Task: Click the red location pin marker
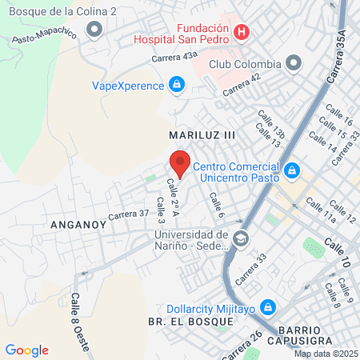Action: tap(180, 163)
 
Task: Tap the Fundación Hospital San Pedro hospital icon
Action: tap(243, 33)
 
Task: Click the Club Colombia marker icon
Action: tap(294, 63)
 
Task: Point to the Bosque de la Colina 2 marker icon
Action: tap(96, 30)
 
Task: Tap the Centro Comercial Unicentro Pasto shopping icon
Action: tap(293, 170)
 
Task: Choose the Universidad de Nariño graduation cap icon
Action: tap(240, 238)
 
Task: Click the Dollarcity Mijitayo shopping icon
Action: tap(267, 307)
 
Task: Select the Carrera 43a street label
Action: tap(174, 56)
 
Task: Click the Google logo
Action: tap(26, 350)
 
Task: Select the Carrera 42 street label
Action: tap(242, 86)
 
